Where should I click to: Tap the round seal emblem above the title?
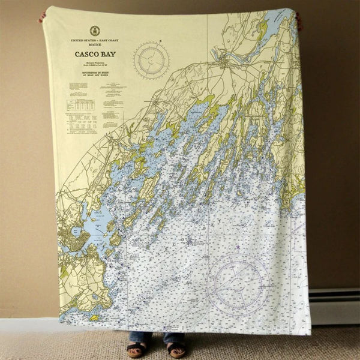[x=94, y=31]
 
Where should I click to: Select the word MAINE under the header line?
[x=94, y=45]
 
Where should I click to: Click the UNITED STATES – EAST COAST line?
[x=94, y=40]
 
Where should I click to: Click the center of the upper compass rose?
[x=151, y=60]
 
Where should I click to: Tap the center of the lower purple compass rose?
[x=239, y=284]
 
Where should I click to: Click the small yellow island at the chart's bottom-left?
[x=94, y=317]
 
